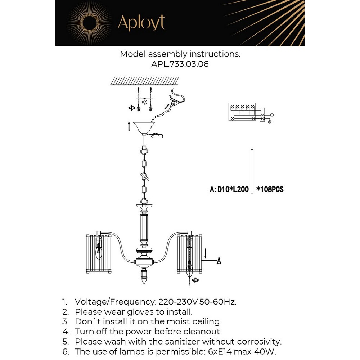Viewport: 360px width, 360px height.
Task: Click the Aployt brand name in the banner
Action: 141,23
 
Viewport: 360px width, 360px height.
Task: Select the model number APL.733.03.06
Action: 180,64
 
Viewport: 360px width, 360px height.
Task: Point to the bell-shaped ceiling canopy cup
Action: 144,127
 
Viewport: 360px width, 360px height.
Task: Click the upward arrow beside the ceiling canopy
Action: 129,127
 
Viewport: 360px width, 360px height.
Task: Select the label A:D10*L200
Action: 229,189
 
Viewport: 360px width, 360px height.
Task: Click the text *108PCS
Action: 270,189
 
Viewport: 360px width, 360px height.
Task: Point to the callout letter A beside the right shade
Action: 218,261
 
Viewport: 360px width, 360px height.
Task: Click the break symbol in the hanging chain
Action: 144,177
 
